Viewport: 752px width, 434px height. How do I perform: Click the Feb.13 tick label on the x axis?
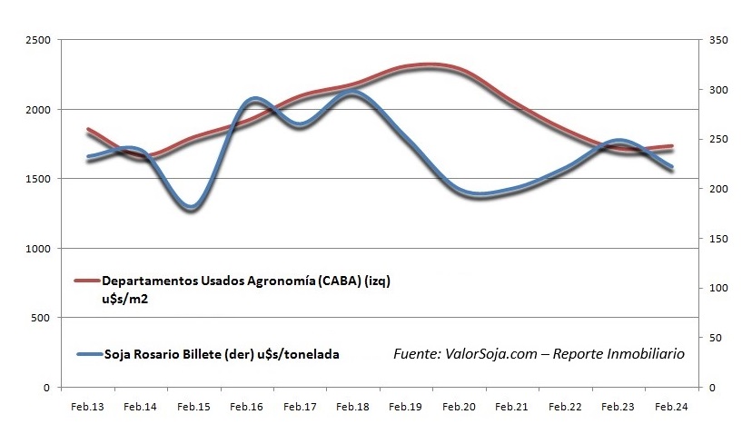coord(88,407)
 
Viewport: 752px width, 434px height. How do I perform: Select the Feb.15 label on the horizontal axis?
coord(193,407)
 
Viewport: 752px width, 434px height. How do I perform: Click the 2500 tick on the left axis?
coord(37,41)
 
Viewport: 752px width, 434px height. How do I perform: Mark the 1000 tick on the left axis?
coord(37,249)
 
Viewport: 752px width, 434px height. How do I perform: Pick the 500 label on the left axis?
coord(41,318)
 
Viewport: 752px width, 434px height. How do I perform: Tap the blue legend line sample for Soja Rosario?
coord(86,355)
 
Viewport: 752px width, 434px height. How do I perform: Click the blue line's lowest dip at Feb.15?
coord(191,208)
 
